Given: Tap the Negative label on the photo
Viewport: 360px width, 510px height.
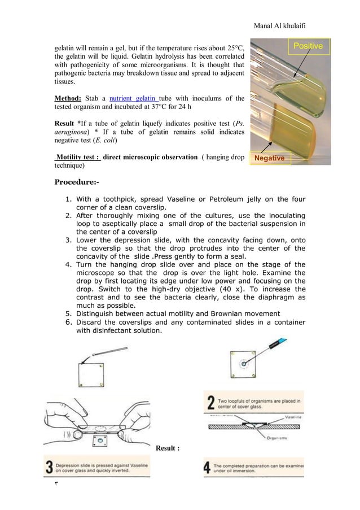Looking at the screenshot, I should click(269, 158).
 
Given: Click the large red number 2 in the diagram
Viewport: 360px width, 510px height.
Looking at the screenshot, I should click(210, 403).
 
